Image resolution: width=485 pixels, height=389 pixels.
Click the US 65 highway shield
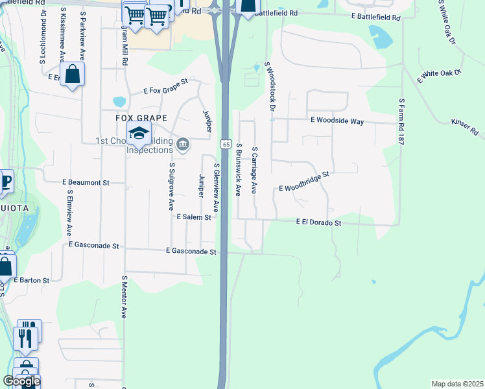tap(224, 143)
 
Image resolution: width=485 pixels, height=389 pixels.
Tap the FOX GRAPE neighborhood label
tap(141, 118)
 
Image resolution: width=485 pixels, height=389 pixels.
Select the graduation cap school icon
tap(138, 134)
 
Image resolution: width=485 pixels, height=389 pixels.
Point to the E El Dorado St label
tap(318, 222)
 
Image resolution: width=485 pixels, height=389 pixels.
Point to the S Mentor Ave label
tap(123, 296)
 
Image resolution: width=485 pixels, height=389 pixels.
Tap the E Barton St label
tap(30, 281)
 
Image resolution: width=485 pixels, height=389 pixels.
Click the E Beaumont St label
tap(86, 183)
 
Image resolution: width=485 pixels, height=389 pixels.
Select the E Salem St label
tap(195, 217)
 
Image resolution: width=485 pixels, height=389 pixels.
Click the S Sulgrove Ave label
tap(172, 186)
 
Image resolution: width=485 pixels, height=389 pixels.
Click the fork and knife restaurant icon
tap(26, 337)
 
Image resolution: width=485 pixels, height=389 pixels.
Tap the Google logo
tap(21, 381)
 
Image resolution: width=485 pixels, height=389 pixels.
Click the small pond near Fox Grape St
tap(119, 102)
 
